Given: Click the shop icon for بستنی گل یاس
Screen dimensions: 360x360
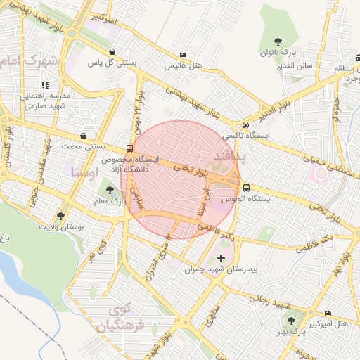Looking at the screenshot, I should point(113,51).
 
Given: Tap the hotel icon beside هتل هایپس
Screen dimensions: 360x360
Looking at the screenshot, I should point(184,56).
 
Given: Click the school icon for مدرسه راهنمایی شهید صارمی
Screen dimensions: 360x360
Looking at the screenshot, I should point(46,85).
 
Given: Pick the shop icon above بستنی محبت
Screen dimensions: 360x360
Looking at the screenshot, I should point(84,136).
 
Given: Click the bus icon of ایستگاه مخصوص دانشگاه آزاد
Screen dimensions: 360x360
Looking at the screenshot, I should point(129,148).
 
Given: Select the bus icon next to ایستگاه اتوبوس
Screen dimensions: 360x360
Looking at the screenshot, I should point(246,188).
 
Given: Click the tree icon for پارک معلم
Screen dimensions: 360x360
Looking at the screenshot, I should point(108,189).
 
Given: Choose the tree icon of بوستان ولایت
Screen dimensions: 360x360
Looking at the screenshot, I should point(60,217).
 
